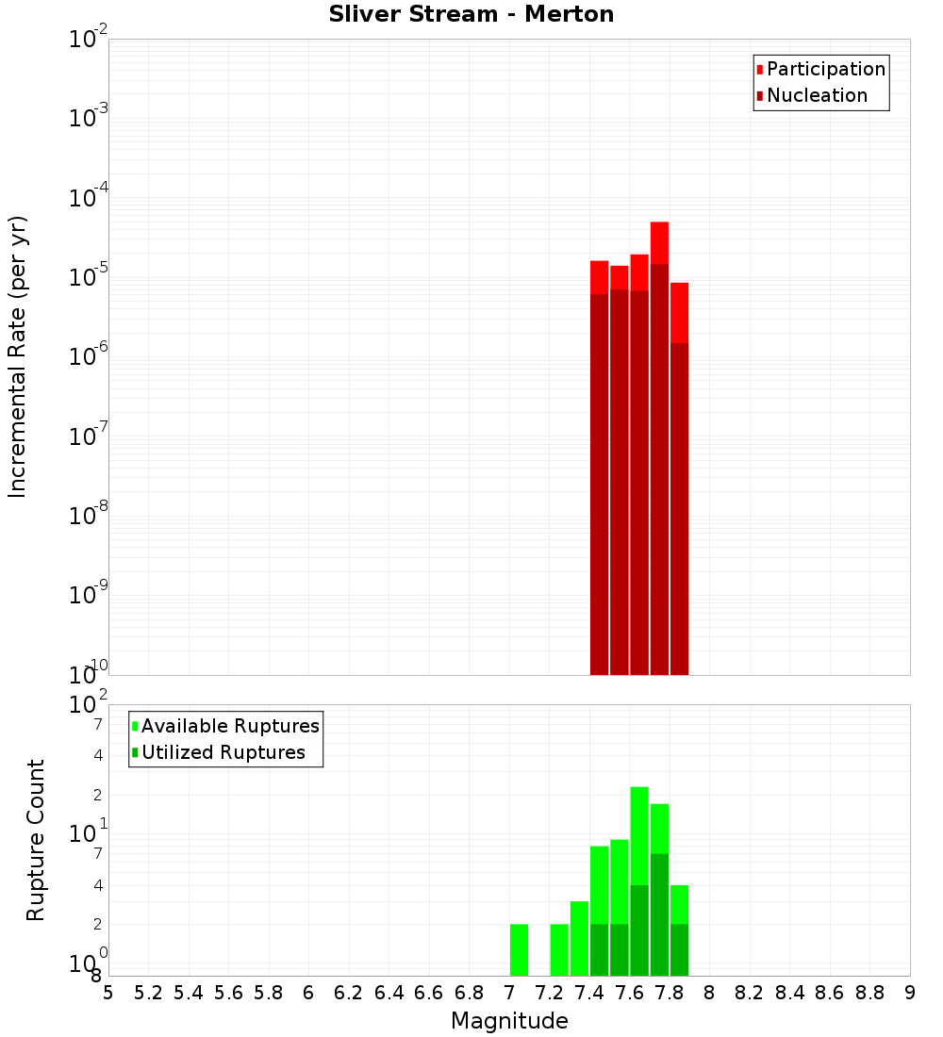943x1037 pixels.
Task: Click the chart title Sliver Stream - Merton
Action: pyautogui.click(x=471, y=14)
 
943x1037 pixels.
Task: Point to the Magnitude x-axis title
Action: pyautogui.click(x=509, y=1021)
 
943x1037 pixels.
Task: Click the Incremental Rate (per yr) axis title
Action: pyautogui.click(x=18, y=356)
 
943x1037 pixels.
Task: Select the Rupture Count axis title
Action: pyautogui.click(x=36, y=840)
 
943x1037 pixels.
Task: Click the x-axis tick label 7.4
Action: pyautogui.click(x=589, y=993)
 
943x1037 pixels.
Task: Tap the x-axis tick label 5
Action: pyautogui.click(x=108, y=993)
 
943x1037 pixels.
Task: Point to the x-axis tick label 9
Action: pyautogui.click(x=910, y=993)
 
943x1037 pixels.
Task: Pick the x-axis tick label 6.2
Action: pyautogui.click(x=349, y=993)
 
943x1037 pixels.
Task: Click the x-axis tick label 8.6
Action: pyautogui.click(x=830, y=993)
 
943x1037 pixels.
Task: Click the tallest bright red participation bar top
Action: pyautogui.click(x=659, y=226)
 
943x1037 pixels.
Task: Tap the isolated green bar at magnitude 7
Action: pyautogui.click(x=519, y=949)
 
